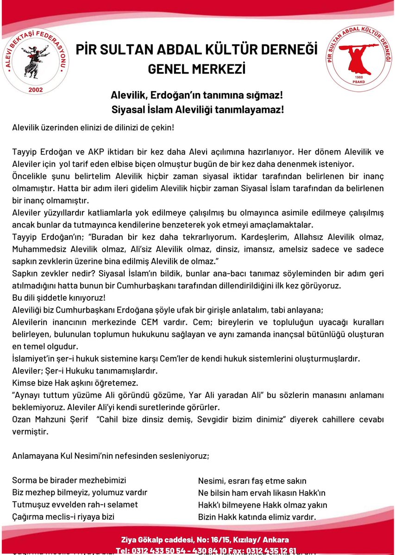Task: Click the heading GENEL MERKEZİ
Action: [196, 69]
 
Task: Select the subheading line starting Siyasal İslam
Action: [197, 111]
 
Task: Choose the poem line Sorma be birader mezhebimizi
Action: [69, 481]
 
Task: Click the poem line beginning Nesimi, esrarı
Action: [252, 481]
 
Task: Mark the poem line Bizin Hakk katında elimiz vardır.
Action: [257, 517]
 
